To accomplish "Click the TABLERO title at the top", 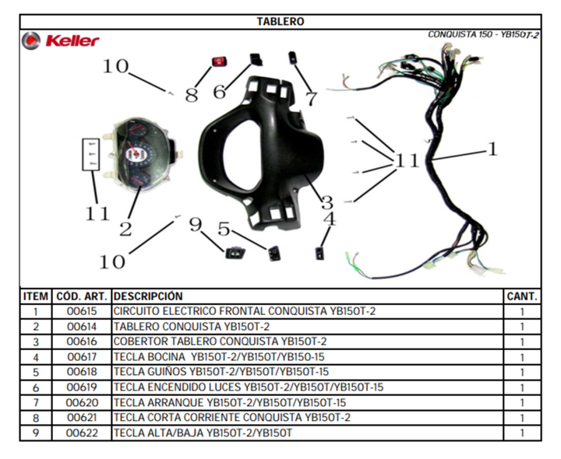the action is [280, 22].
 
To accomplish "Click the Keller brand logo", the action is [60, 40].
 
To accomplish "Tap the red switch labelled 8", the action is [219, 61].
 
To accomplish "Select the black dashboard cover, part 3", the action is [261, 153].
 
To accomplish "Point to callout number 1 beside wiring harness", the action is [493, 149].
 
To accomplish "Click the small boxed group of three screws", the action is [91, 154].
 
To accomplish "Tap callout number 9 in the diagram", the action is [196, 225].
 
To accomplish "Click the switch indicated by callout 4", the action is [319, 253].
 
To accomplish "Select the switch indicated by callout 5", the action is [274, 253].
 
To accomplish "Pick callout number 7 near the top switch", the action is [311, 99].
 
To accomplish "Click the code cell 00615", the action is [82, 311].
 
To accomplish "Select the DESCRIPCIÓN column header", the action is [148, 296].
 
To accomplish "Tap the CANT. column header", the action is [522, 296].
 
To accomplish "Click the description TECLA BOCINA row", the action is [219, 357].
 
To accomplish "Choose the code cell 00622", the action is [82, 433].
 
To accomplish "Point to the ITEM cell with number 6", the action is [36, 387].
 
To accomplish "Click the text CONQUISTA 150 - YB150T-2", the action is [483, 35].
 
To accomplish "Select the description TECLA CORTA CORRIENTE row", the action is [232, 418].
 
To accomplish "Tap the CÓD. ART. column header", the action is [82, 296].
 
